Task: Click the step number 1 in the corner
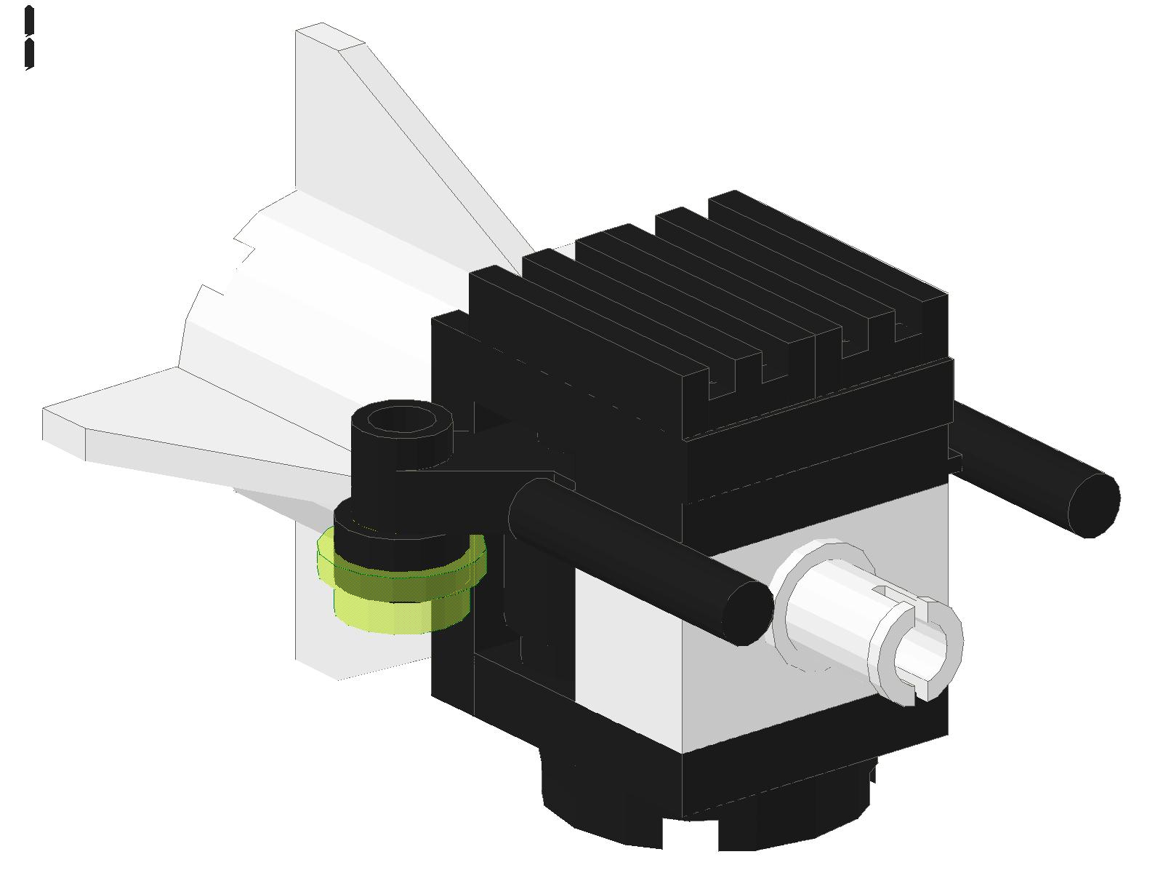coord(29,38)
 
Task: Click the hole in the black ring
coord(401,420)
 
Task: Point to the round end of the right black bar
coord(1094,505)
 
